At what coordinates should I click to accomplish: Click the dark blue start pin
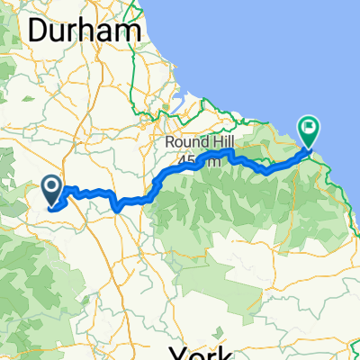51,188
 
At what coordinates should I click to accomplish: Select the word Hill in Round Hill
219,144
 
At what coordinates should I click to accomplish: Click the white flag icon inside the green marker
310,128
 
